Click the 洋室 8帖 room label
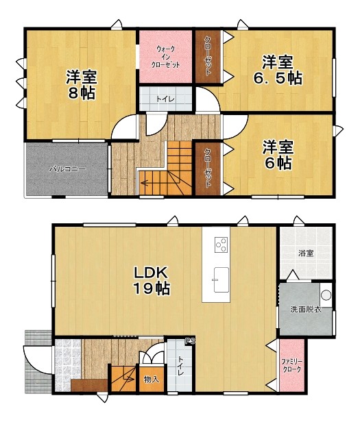pos(81,84)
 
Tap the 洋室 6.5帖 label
pos(278,70)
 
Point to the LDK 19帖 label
pos(152,280)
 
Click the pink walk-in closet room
pos(165,56)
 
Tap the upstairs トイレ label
pos(165,99)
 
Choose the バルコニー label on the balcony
pos(67,169)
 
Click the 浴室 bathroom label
pos(306,253)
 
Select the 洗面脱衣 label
pos(306,310)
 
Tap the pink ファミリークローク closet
pos(292,366)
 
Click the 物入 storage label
pos(152,380)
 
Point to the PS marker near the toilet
pos(190,341)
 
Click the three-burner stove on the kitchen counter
pos(221,245)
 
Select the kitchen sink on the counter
pos(221,280)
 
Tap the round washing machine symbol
pos(326,295)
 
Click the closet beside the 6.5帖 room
pos(208,56)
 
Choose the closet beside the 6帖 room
pos(208,169)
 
